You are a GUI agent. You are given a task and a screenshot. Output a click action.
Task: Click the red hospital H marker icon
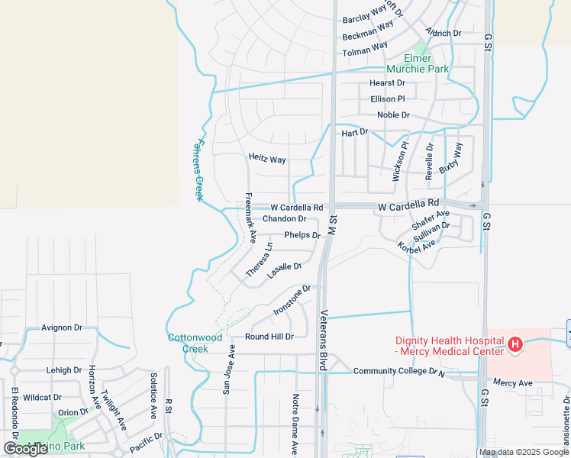tap(515, 345)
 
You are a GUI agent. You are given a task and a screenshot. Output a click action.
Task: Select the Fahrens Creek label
tap(200, 169)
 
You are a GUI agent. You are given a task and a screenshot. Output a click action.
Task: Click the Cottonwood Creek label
tap(195, 343)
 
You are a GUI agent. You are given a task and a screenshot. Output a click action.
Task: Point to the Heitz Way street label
tap(267, 159)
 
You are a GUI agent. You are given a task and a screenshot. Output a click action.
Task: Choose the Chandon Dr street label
tap(284, 219)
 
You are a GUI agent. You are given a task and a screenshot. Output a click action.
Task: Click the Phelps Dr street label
tap(302, 235)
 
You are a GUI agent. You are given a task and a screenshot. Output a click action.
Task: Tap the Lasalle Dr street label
tap(285, 271)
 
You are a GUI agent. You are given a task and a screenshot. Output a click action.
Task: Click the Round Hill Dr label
tap(269, 337)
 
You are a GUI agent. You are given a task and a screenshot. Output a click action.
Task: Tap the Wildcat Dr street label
tap(42, 398)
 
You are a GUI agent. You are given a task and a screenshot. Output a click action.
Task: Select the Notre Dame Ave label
tap(295, 426)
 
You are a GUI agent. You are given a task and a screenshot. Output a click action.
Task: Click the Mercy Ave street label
tap(512, 382)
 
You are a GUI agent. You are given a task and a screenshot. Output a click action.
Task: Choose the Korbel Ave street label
tap(416, 247)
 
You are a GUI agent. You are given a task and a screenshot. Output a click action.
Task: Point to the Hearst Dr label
tap(387, 82)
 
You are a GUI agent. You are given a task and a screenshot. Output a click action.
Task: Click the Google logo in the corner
tap(26, 449)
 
